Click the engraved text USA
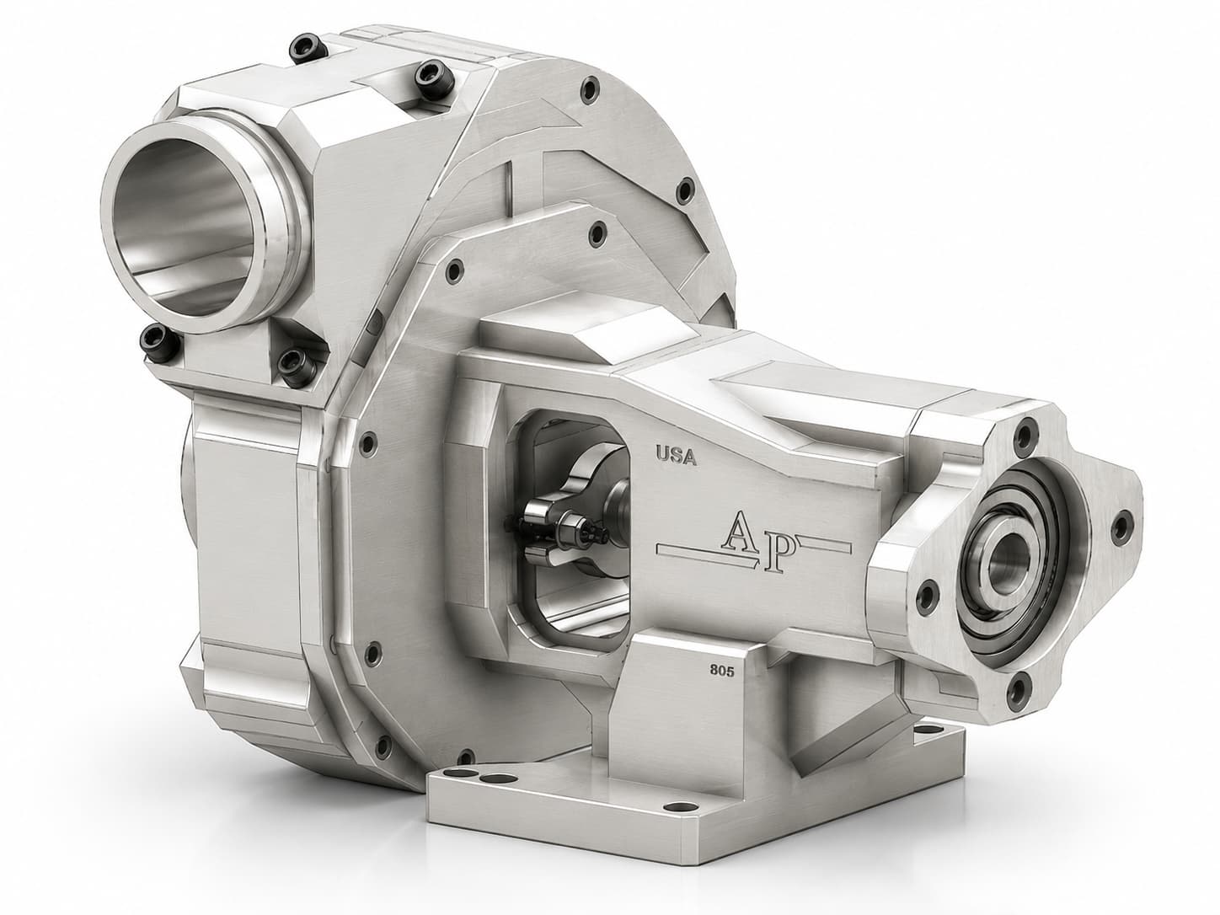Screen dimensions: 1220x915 click(676, 456)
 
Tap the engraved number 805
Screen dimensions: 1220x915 click(722, 671)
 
